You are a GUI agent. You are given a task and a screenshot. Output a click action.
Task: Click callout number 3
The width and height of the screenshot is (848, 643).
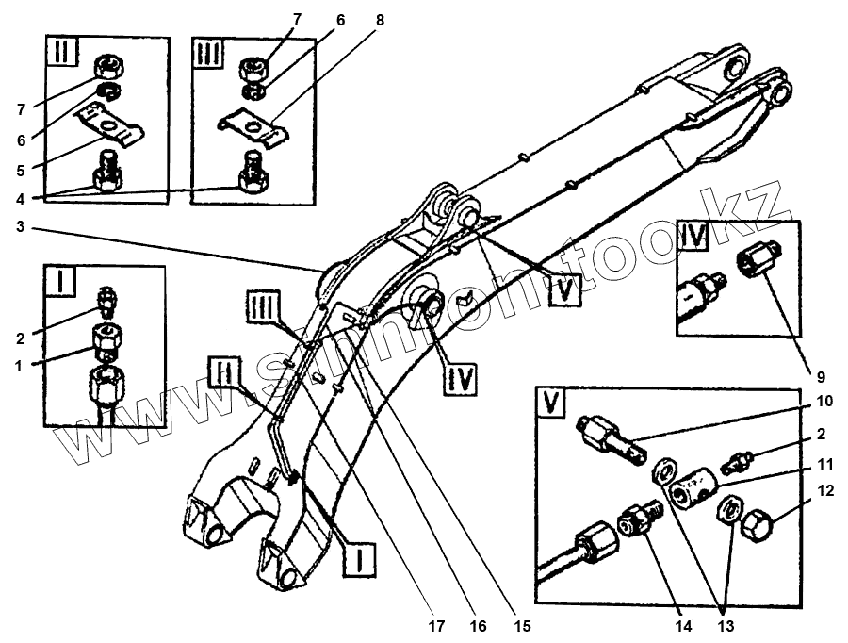click(21, 227)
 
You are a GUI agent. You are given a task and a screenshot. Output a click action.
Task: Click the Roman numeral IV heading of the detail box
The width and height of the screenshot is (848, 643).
click(694, 237)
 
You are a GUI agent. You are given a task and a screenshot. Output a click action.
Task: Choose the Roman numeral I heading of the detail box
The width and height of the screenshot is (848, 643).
click(64, 282)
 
